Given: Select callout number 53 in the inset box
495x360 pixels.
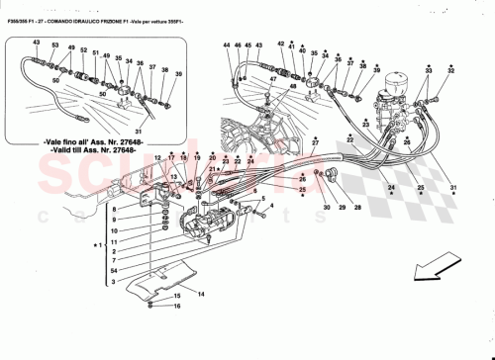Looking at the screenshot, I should point(55,46).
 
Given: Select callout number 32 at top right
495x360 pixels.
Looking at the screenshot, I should point(450,71).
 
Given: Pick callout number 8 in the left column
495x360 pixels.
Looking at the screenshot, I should point(114,210).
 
